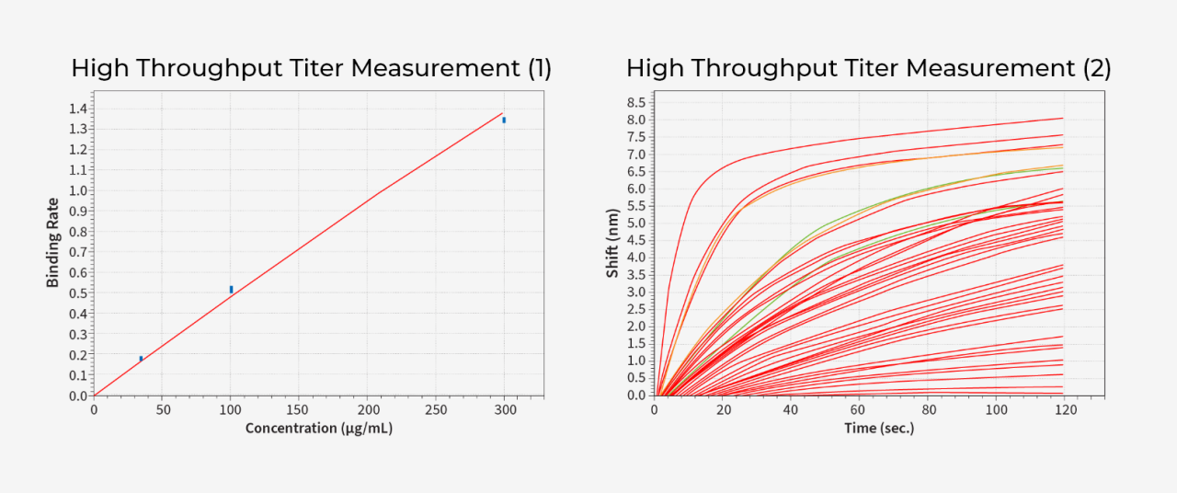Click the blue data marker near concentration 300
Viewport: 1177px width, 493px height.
tap(504, 120)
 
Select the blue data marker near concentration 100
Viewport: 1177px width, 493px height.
tap(231, 289)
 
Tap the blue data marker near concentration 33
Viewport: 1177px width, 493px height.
tap(141, 359)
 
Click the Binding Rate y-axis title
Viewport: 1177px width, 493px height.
tap(53, 242)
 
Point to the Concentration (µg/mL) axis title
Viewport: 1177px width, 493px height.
tap(318, 428)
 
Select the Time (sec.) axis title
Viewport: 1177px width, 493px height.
tap(879, 428)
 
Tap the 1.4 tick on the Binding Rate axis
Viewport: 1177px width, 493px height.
tap(77, 109)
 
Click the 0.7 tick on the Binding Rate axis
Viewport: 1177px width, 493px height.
tap(77, 252)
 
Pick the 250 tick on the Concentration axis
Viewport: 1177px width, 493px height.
tap(436, 409)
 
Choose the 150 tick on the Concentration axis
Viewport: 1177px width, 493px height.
tap(299, 409)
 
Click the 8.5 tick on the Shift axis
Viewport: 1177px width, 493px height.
tap(635, 102)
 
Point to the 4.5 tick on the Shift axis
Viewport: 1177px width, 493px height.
tap(635, 240)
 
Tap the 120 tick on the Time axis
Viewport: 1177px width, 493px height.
tap(1063, 409)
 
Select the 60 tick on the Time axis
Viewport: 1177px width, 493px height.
tap(859, 409)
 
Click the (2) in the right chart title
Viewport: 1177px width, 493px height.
tap(1096, 69)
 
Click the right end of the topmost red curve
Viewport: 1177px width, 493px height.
tap(1062, 118)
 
